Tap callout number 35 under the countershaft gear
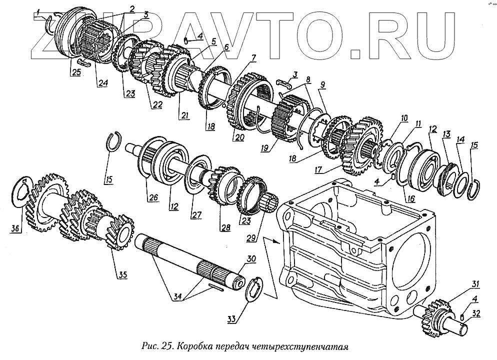[x=121, y=274]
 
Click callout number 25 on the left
[x=75, y=72]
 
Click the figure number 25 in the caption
[x=167, y=346]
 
